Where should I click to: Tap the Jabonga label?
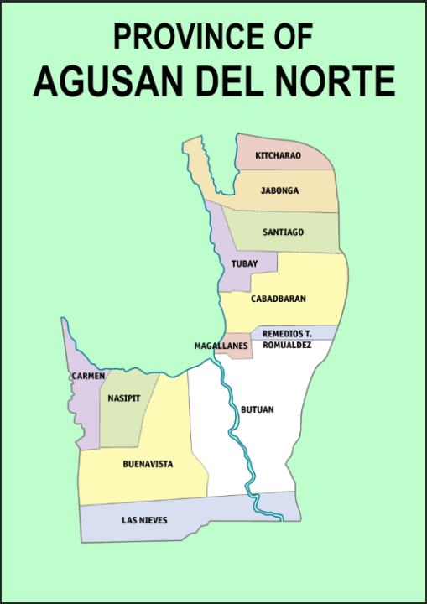point(279,190)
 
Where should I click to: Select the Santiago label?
point(283,232)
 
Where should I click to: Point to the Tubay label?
point(244,264)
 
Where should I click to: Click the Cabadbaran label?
point(278,298)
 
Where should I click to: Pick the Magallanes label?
point(221,346)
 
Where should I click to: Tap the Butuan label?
point(257,409)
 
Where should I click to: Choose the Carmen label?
point(87,376)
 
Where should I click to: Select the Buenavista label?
point(148,464)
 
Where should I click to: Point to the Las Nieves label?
point(144,520)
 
